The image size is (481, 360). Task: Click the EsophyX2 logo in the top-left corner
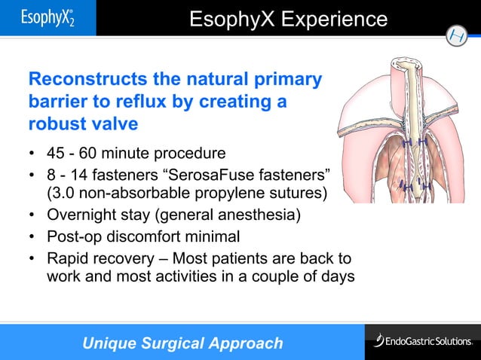[47, 17]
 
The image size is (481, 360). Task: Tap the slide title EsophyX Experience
[288, 19]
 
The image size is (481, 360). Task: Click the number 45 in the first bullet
[56, 155]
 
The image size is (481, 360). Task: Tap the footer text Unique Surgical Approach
[182, 343]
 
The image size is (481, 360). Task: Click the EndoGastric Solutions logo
[421, 341]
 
